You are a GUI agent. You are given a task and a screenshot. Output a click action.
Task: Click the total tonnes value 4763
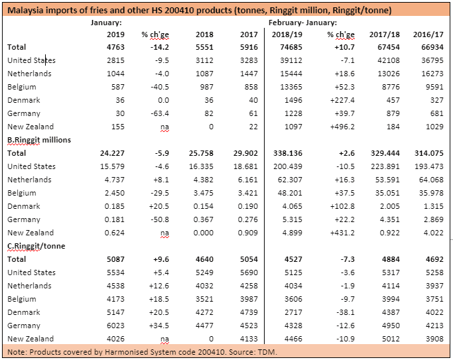[115, 47]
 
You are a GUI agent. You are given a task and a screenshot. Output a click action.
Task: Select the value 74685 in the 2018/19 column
[291, 47]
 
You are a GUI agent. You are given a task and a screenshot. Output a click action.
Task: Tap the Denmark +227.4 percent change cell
[342, 100]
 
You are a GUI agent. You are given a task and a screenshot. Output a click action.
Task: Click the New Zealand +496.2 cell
[342, 127]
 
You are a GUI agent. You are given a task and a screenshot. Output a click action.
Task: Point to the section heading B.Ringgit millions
[39, 140]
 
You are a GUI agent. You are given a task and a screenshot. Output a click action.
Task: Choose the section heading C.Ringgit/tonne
[36, 246]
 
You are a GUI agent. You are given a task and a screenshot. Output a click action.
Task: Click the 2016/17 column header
[428, 34]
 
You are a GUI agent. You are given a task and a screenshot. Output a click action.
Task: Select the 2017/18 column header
[385, 34]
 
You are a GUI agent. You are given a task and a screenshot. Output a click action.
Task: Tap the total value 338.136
[288, 153]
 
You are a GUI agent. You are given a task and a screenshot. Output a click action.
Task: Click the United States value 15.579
[112, 166]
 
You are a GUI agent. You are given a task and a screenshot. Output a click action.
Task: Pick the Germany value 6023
[115, 326]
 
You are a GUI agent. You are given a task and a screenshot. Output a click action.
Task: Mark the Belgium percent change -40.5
[160, 87]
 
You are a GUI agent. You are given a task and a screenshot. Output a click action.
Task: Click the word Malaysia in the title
[25, 11]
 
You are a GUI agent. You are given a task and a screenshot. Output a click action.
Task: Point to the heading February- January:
[302, 23]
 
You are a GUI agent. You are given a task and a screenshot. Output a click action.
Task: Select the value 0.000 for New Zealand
[204, 233]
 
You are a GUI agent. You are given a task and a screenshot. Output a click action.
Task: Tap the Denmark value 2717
[294, 312]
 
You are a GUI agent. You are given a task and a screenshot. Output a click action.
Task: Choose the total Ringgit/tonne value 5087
[115, 259]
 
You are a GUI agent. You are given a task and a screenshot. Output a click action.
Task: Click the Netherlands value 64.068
[431, 180]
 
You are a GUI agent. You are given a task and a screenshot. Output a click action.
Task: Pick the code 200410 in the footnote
[211, 352]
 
